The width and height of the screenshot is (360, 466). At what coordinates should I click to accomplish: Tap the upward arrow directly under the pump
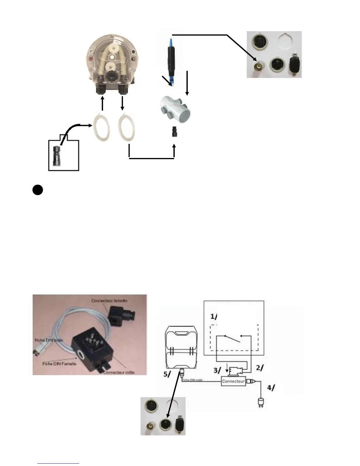coord(102,104)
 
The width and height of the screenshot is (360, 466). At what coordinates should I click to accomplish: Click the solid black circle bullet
coord(38,190)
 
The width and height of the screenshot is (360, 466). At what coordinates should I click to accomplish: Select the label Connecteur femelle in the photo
coord(109,301)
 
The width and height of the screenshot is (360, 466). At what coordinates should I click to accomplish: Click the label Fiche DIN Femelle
coord(59,364)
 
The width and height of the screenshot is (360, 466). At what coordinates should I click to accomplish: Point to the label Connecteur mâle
coord(119,372)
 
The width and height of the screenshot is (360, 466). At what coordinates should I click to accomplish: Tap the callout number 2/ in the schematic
coord(259,367)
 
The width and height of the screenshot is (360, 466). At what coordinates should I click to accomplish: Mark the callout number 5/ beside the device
coord(167,375)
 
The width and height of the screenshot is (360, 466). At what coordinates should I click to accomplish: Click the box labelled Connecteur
coord(233,381)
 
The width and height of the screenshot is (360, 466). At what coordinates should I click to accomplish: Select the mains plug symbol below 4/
coord(260,402)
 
